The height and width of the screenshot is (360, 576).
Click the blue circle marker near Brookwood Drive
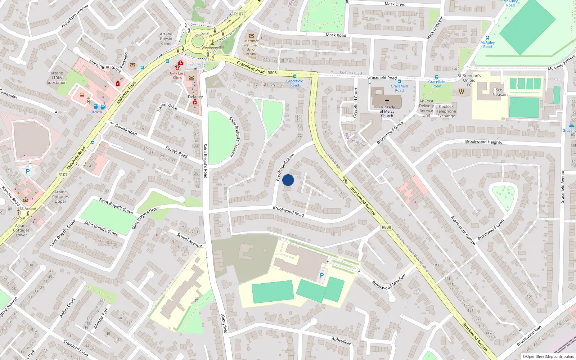[288, 180]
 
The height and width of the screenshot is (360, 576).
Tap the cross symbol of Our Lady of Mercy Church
[387, 101]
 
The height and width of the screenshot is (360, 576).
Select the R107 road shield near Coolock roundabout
[239, 14]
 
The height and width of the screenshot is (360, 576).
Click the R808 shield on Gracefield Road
[272, 73]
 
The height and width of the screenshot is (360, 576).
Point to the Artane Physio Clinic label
[166, 39]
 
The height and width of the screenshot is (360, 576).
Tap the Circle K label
[96, 112]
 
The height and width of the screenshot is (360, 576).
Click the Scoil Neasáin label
[500, 92]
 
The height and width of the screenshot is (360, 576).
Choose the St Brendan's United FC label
[469, 80]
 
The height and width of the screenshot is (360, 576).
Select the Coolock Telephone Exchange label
[446, 111]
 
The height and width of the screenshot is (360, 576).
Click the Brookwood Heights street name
[483, 142]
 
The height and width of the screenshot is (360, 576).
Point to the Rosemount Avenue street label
[463, 231]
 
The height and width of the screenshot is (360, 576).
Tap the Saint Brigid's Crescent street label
[234, 137]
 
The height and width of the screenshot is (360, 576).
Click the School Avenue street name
[189, 240]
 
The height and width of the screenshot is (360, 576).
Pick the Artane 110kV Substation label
[57, 78]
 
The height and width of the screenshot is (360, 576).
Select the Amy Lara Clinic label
[177, 75]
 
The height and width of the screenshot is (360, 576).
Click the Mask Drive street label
[395, 4]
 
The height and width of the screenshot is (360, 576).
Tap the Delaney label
[195, 97]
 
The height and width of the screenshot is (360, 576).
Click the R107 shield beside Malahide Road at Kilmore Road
[63, 175]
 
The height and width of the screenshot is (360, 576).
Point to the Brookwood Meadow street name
[389, 282]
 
